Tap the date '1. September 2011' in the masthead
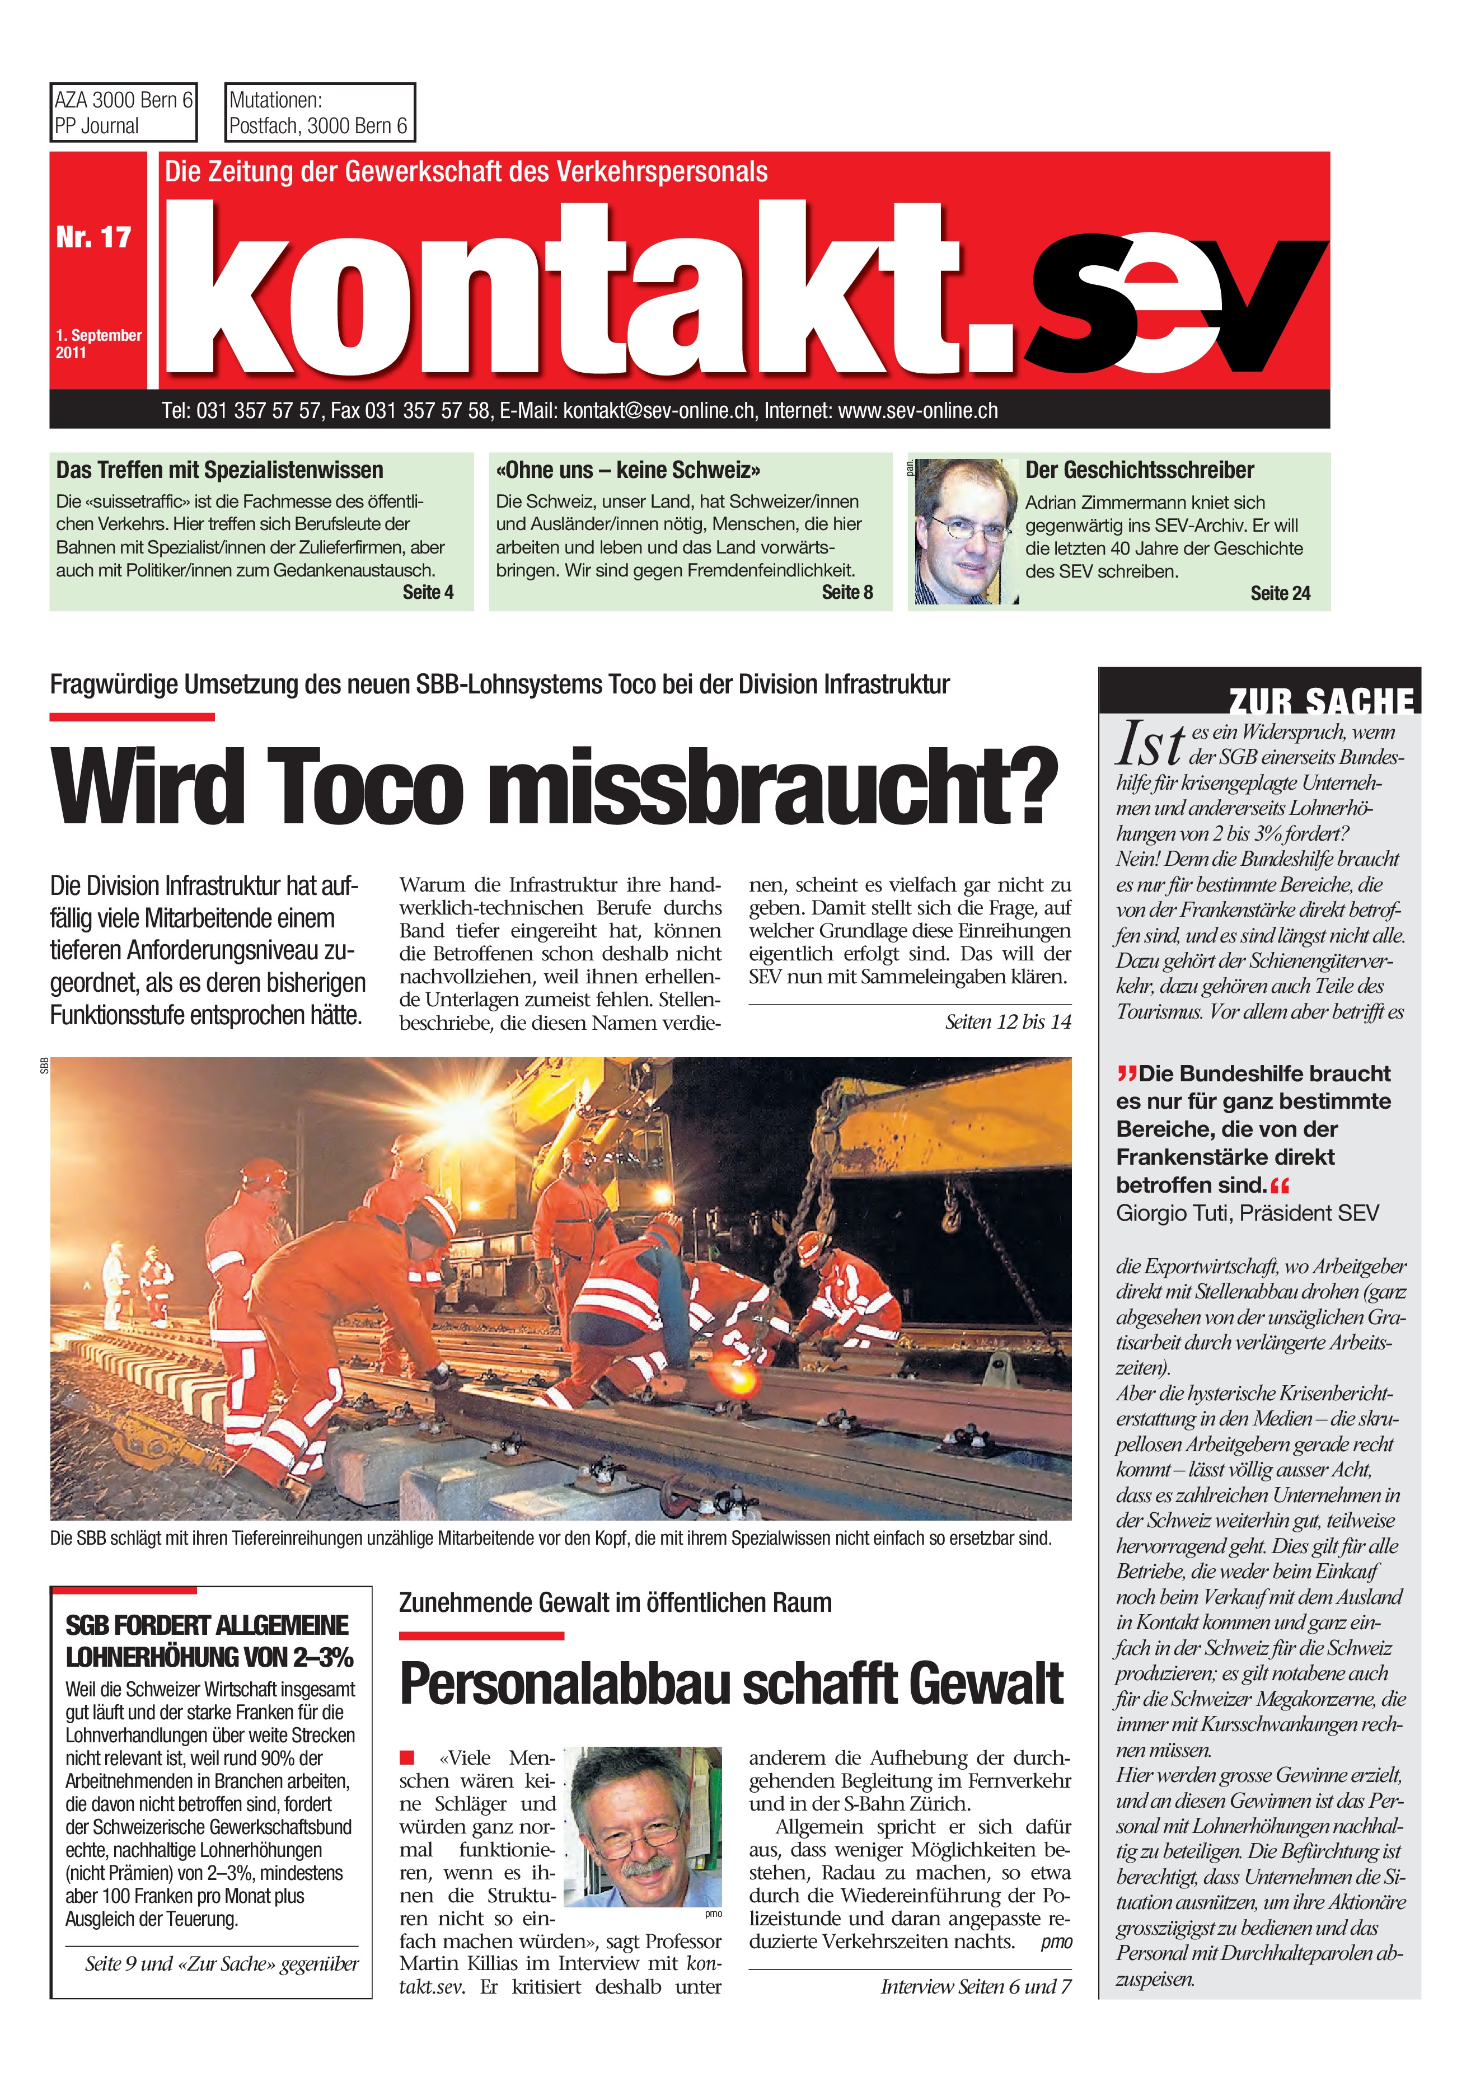coord(98,344)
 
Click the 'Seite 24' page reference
coord(1280,593)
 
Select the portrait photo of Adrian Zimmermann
coord(963,531)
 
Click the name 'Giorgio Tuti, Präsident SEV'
coord(1247,1213)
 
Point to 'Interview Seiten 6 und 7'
coord(975,1987)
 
